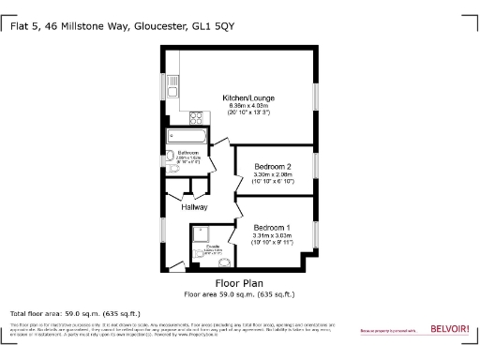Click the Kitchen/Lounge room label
pos(247,97)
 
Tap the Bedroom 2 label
pos(273,167)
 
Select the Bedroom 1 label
pos(273,227)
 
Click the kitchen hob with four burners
pos(198,118)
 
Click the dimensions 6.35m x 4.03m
pos(247,106)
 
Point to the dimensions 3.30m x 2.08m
pos(273,174)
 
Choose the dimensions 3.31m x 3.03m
pos(273,235)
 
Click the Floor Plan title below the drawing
pos(239,283)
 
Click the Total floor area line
pos(75,313)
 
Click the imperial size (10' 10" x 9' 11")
pos(273,243)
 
